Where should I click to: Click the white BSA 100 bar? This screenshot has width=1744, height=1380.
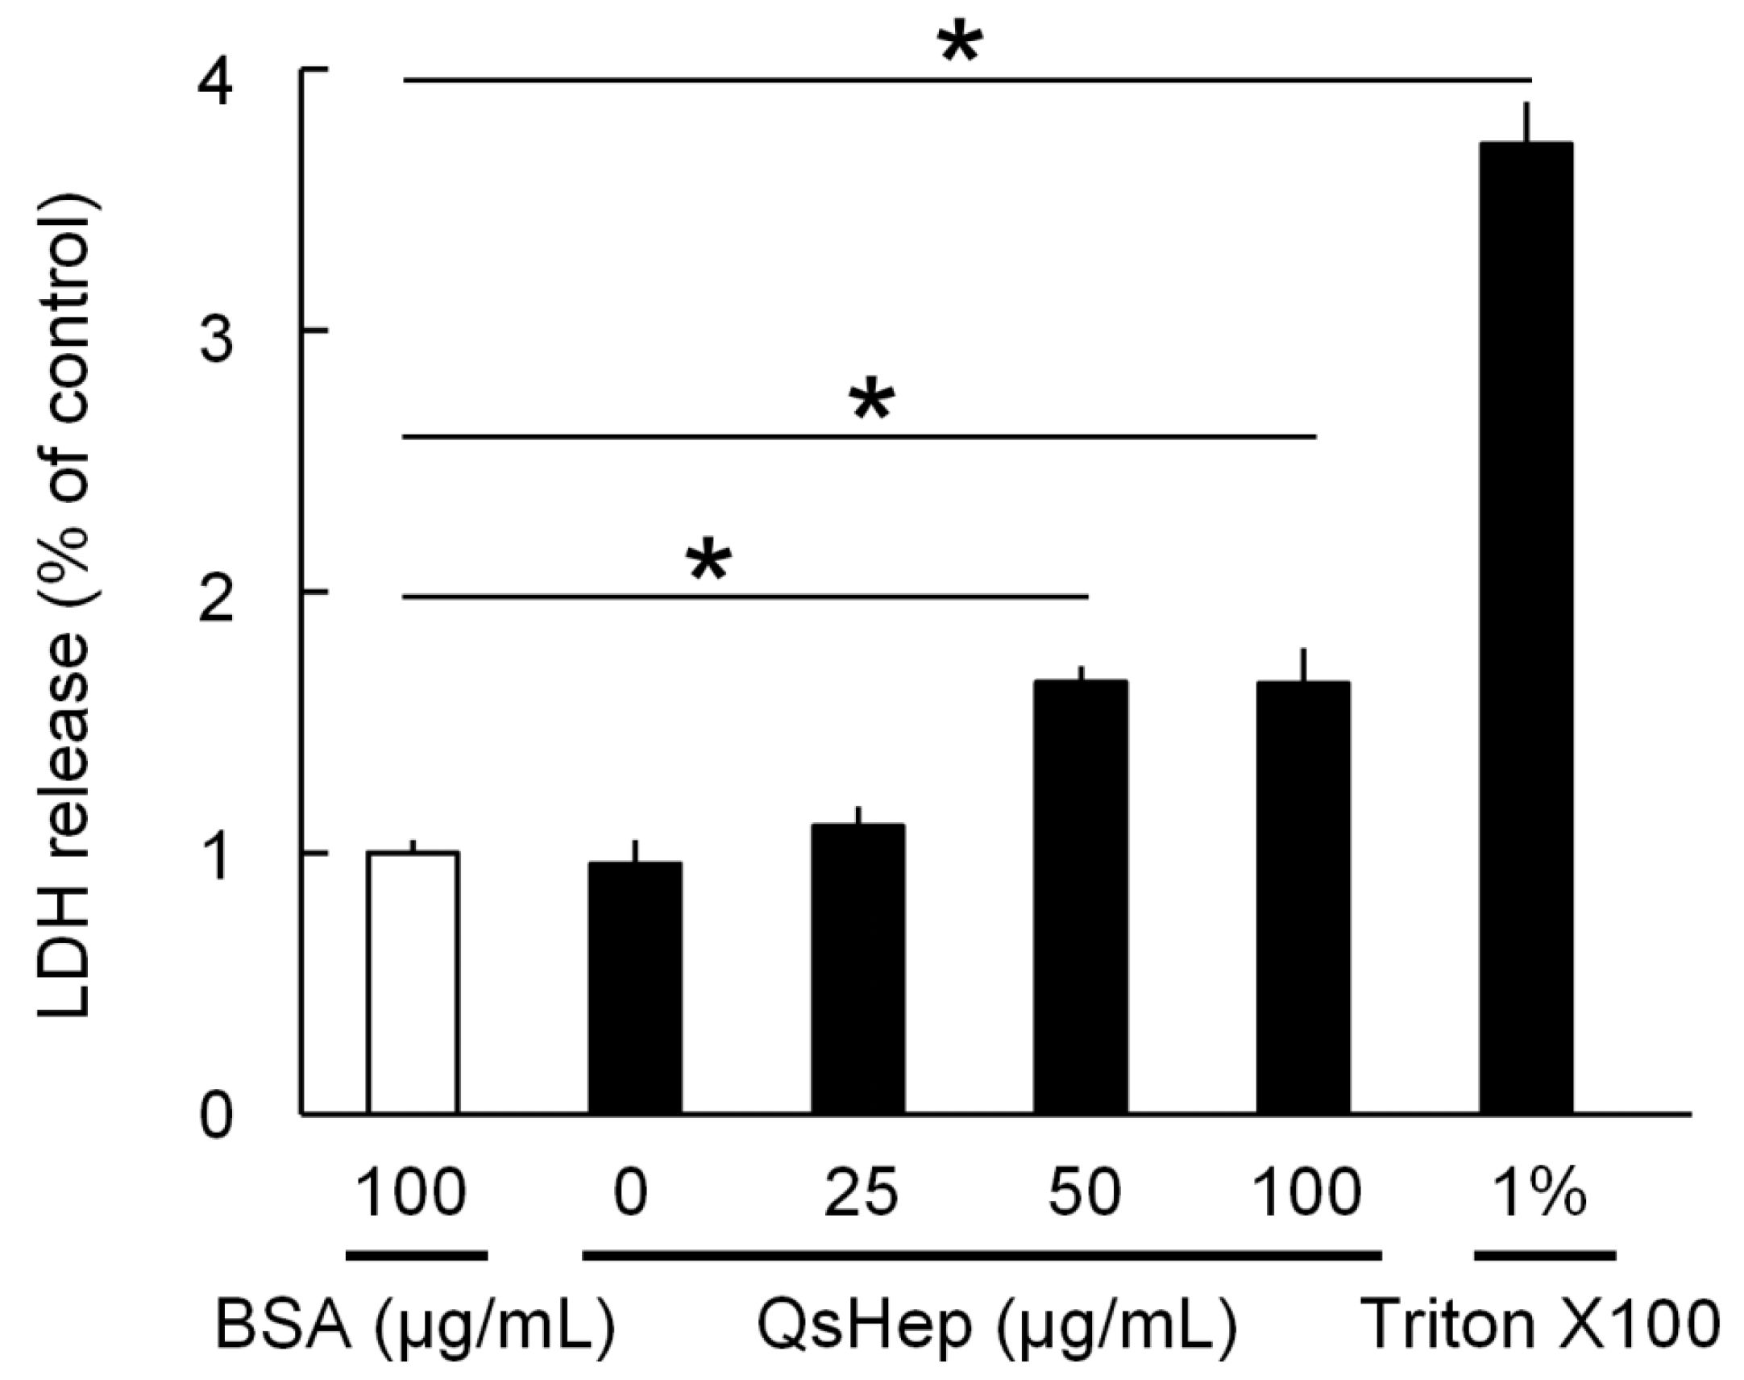coord(413,983)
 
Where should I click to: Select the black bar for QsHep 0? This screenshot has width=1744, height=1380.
coord(635,987)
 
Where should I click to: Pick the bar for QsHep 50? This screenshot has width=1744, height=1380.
coord(1081,897)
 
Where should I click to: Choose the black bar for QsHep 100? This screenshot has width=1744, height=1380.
coord(1303,897)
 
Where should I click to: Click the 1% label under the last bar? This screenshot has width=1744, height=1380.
coord(1538,1193)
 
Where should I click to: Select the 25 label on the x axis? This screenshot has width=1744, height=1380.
coord(861,1193)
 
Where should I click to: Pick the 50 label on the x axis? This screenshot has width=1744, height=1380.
coord(1085,1193)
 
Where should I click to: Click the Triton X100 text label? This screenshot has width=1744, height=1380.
coord(1539,1325)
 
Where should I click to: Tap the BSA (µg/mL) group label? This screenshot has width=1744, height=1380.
coord(414,1327)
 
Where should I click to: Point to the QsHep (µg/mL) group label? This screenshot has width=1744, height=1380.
coord(996,1327)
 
